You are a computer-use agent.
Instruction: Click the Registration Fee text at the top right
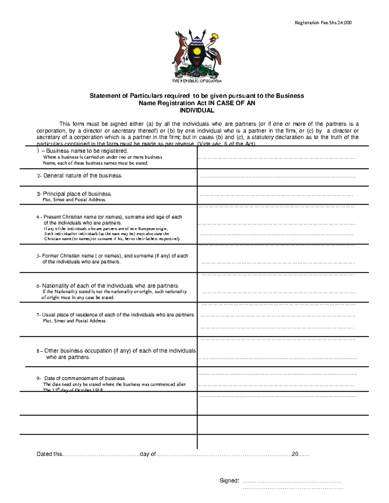323,23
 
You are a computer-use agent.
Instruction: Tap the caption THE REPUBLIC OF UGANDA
197,81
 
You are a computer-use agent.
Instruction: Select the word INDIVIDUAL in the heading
197,110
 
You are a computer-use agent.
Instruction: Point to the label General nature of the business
80,176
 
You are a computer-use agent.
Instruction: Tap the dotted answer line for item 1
277,158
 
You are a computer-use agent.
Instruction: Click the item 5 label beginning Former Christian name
112,256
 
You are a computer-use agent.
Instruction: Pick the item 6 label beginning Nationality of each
107,286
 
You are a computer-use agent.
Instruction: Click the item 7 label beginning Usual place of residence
116,315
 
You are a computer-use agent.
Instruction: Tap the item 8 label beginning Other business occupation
116,351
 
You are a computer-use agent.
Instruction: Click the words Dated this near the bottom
49,454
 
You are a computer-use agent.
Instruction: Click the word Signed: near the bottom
229,481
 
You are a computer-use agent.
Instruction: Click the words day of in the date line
148,454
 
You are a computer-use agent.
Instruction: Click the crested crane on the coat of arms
214,49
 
